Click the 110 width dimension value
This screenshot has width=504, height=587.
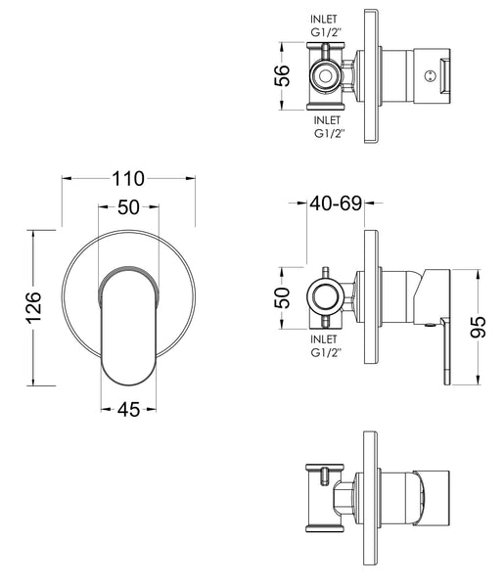(128, 178)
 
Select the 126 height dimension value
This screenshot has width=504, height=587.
(31, 307)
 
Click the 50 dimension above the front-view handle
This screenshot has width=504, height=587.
(128, 207)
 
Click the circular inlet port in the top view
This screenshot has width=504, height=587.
(324, 75)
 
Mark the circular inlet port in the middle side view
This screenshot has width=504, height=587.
(324, 296)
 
